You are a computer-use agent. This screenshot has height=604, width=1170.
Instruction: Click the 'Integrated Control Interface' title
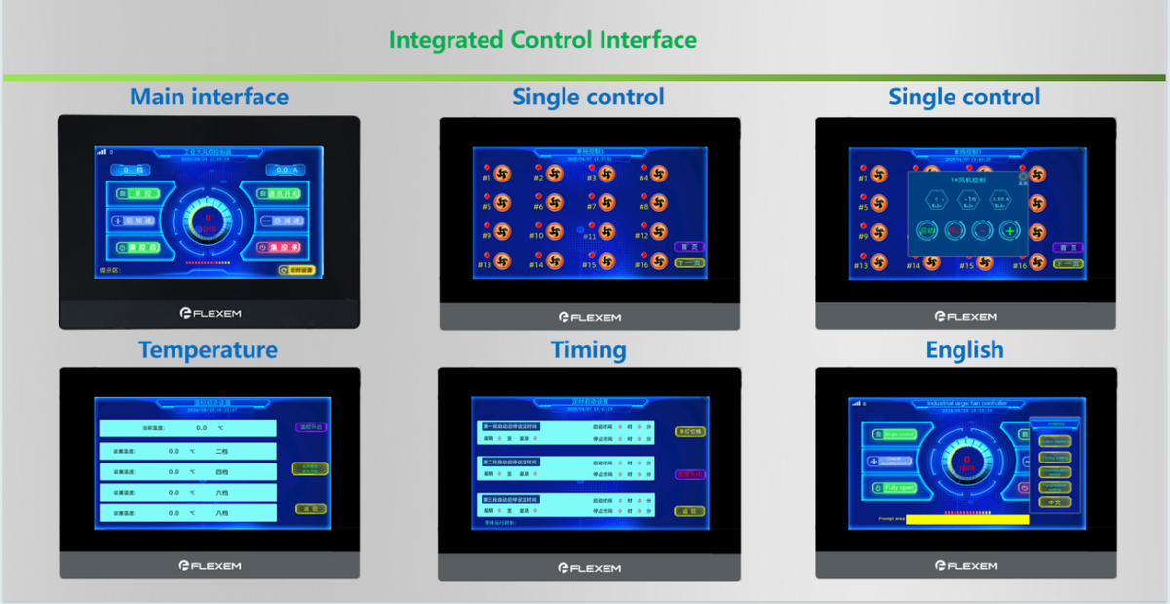[542, 40]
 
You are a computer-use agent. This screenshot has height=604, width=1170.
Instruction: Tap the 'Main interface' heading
[209, 97]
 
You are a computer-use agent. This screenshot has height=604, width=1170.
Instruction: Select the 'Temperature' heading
[208, 349]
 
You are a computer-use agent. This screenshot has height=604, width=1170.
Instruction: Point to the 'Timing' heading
[588, 349]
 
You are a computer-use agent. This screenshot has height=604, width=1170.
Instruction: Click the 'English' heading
[964, 349]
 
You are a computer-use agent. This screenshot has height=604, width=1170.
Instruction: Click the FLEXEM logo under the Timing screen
[589, 567]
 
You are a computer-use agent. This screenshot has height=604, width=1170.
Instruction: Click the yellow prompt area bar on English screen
[966, 519]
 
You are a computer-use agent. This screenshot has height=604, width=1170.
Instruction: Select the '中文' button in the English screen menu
[1054, 501]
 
